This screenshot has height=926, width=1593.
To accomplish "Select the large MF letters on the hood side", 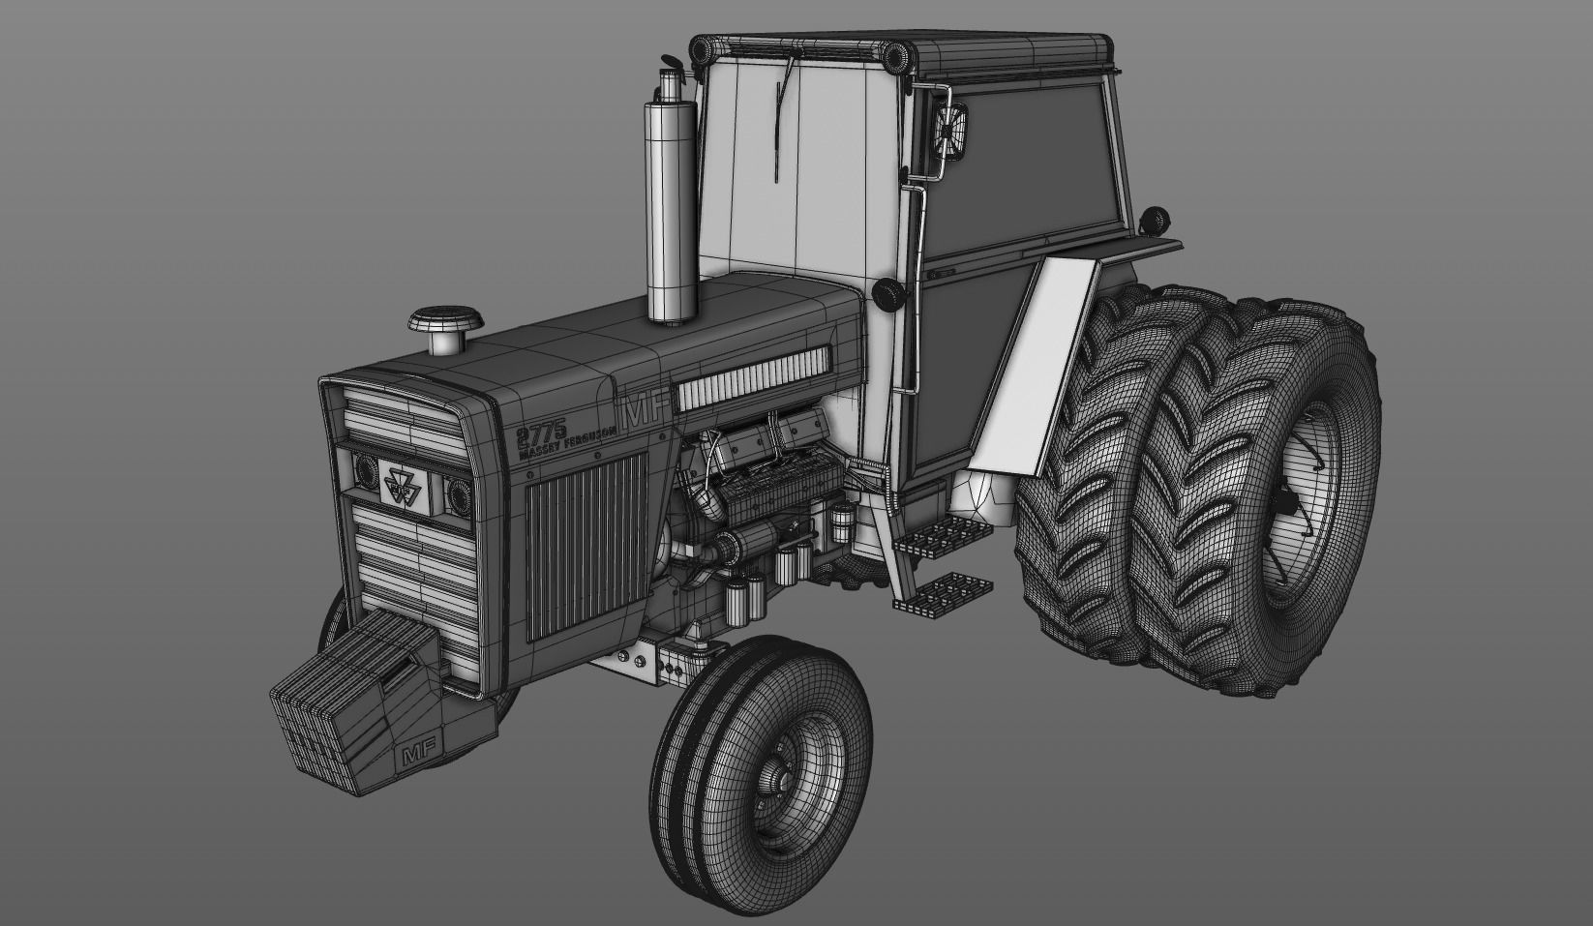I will point(644,410).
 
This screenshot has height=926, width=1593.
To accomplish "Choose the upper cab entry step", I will point(934,534).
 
